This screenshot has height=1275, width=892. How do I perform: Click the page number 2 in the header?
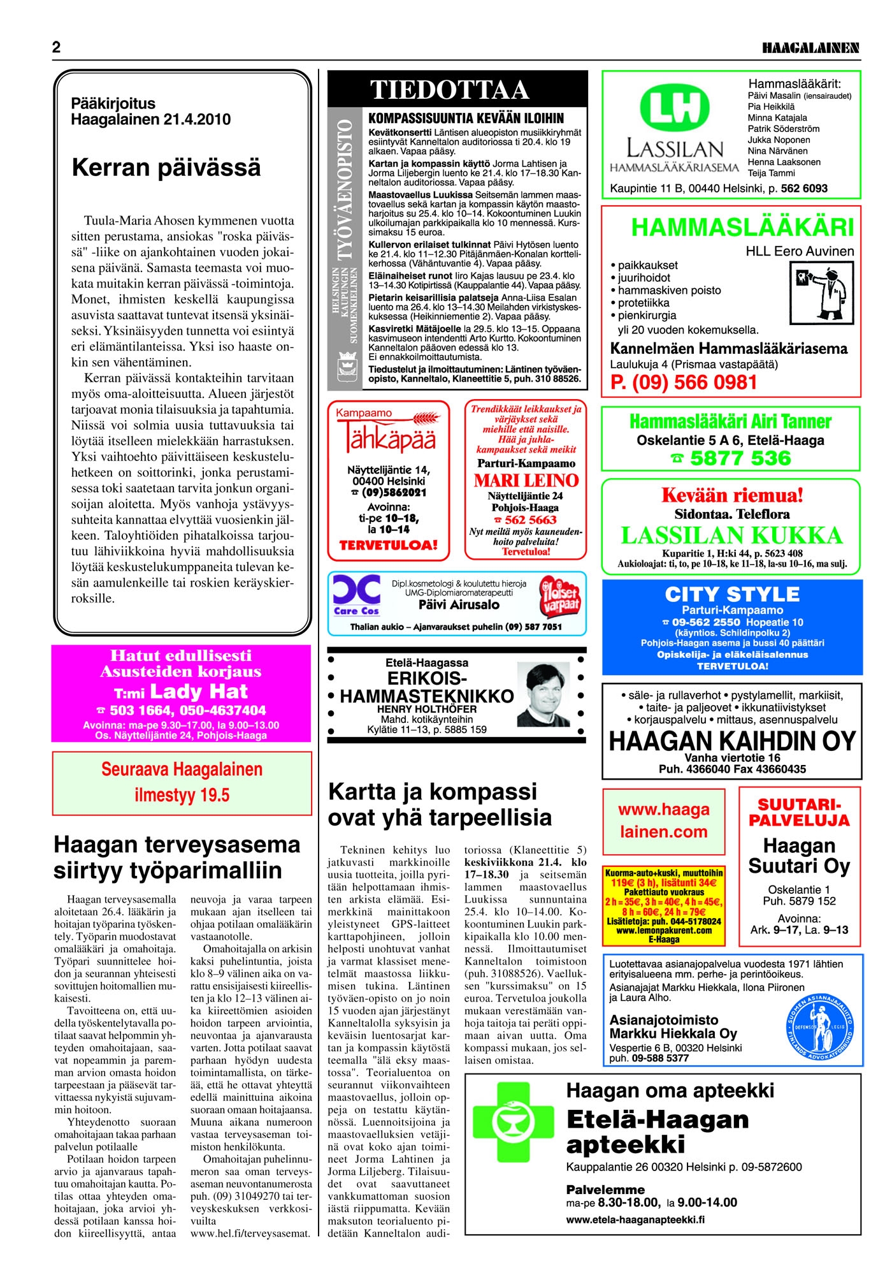coord(57,48)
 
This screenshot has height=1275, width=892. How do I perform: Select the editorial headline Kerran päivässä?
coord(166,168)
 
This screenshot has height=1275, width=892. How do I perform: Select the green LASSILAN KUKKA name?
coord(731,535)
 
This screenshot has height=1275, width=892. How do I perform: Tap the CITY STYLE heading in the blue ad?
coord(732,595)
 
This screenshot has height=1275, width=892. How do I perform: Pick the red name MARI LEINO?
coord(526,481)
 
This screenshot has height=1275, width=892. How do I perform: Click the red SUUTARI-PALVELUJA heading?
coord(799,813)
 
